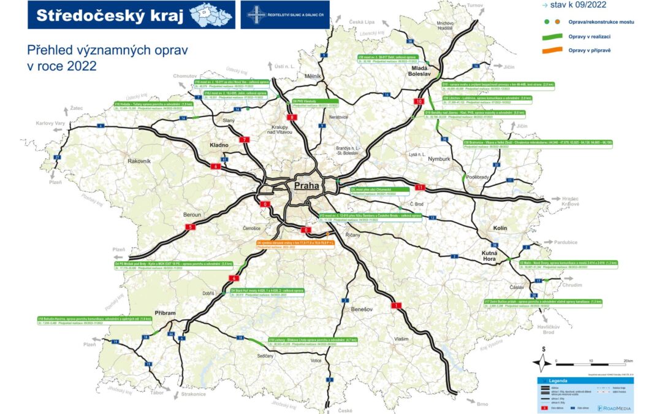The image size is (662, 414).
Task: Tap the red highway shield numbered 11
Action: (420, 186)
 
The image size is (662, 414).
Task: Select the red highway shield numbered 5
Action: (190, 227)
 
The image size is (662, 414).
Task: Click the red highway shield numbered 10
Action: (419, 101)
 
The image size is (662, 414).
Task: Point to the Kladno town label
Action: (219, 145)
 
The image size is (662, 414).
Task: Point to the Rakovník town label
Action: (143, 161)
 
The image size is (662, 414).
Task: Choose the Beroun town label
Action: (192, 215)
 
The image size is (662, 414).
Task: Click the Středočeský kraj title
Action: (110, 15)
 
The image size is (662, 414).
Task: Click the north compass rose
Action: (542, 361)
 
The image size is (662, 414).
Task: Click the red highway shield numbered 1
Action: (397, 305)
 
